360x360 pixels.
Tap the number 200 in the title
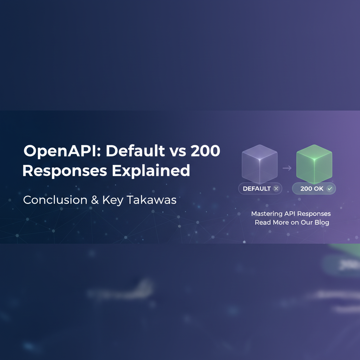[x=205, y=151]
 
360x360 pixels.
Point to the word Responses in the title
[x=65, y=171]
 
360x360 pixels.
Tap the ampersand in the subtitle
[x=95, y=200]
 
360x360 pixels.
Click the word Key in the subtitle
[x=112, y=200]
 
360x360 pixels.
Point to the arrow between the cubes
[x=287, y=168]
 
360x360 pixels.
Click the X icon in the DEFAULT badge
[x=276, y=188]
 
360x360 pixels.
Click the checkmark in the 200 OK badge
[x=330, y=188]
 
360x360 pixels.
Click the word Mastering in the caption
[x=267, y=213]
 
